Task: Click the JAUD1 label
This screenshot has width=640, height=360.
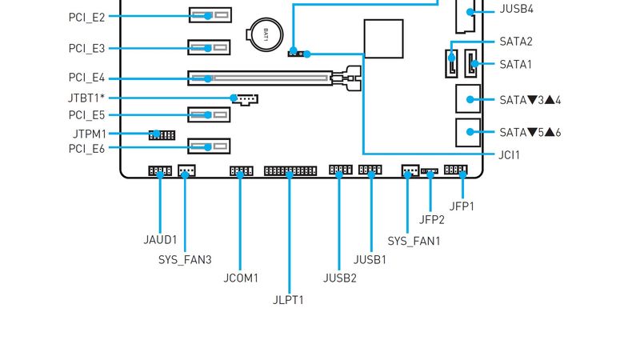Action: (x=160, y=239)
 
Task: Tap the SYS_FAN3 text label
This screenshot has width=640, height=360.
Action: (x=185, y=259)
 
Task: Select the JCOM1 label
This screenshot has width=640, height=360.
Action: (x=241, y=278)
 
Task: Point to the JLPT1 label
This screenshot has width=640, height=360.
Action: (x=288, y=300)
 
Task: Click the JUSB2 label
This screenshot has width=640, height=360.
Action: (x=339, y=278)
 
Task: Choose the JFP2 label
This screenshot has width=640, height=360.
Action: (x=431, y=220)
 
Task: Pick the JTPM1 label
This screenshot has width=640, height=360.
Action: (x=87, y=134)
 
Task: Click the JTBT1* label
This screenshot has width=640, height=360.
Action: (x=87, y=98)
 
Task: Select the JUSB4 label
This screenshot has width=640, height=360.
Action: (x=517, y=10)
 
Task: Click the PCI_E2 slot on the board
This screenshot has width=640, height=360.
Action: (x=210, y=15)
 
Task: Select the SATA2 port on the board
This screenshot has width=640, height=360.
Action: (x=452, y=63)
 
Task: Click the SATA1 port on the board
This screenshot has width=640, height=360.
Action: (x=472, y=64)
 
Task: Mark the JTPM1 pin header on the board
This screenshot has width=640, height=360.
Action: (x=162, y=134)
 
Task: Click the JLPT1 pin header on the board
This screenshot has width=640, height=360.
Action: (x=290, y=171)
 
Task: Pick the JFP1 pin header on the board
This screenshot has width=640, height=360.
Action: (x=456, y=170)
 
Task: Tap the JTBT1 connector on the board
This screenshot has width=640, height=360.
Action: (x=246, y=99)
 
